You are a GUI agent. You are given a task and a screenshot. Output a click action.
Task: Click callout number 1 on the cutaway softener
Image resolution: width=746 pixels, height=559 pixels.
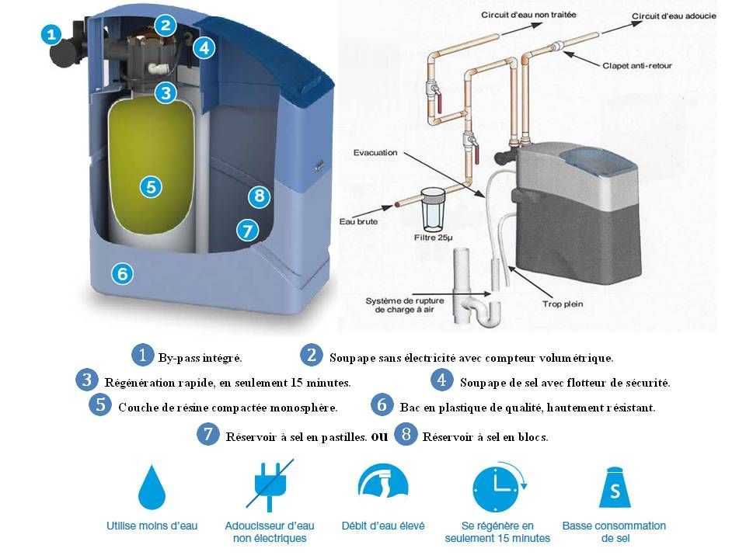[x=51, y=34]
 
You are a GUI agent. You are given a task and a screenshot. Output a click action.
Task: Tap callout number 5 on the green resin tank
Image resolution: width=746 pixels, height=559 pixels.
[x=152, y=187]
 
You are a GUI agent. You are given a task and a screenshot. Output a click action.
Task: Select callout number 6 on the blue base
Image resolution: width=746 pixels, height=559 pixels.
[x=122, y=274]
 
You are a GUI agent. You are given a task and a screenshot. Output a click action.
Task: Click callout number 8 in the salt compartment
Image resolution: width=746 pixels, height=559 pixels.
[x=260, y=196]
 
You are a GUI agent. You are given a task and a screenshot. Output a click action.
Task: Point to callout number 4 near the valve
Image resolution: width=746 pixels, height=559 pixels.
[x=204, y=47]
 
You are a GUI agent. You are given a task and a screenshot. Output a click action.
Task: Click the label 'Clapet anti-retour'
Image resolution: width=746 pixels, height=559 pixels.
[x=637, y=65]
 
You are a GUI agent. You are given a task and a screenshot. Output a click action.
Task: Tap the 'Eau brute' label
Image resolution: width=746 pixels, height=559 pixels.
[x=358, y=221]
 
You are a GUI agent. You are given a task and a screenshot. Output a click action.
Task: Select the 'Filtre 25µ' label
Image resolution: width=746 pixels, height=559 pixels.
[x=433, y=238]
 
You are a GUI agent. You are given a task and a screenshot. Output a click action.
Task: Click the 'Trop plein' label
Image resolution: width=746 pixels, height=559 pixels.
[x=563, y=304]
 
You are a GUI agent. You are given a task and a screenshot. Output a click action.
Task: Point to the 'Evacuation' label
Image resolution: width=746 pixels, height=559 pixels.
[x=375, y=153]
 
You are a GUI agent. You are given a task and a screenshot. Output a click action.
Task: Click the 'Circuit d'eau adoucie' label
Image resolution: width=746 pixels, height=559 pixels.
[x=674, y=16]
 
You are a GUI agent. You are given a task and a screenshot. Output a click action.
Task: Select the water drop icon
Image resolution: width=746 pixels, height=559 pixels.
[x=152, y=488]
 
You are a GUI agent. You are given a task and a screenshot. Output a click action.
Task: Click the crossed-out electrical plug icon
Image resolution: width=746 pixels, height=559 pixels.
[x=270, y=484]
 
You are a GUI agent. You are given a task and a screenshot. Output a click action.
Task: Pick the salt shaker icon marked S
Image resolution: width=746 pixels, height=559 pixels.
[x=615, y=488]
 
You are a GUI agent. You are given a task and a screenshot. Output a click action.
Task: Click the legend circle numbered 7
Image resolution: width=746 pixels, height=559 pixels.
[x=208, y=435]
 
